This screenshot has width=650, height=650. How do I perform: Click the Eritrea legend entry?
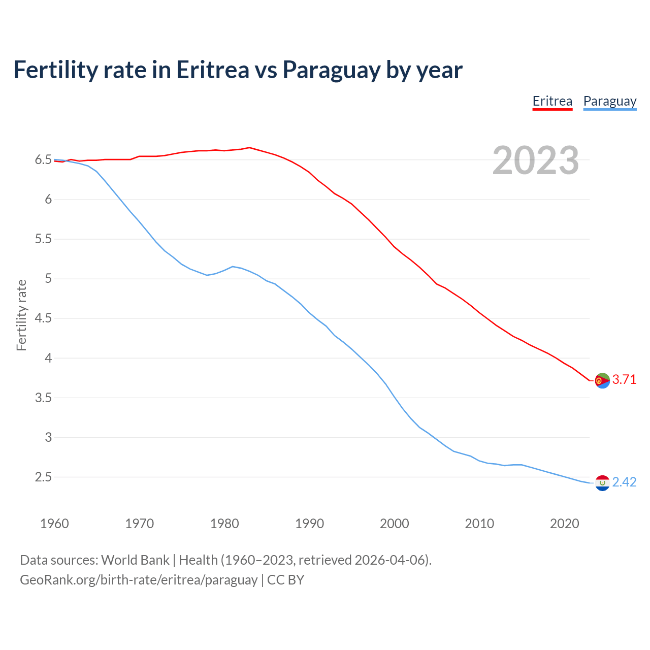(x=552, y=102)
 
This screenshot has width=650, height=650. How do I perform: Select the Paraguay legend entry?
(x=609, y=102)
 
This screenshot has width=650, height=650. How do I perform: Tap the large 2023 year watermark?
(x=536, y=160)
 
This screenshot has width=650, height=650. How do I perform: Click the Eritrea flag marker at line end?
(x=602, y=380)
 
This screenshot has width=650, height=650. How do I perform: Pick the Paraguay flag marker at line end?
(x=602, y=483)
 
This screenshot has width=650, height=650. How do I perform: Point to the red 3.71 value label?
(x=624, y=380)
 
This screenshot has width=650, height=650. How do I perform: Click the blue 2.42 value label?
(x=624, y=482)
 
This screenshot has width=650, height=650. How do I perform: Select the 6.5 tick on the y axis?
(x=43, y=160)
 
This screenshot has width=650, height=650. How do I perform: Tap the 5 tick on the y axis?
(x=48, y=279)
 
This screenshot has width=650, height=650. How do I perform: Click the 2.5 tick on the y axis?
(x=43, y=477)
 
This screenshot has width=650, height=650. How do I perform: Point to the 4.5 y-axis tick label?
(x=43, y=318)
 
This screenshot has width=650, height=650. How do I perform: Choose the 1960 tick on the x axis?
(x=54, y=524)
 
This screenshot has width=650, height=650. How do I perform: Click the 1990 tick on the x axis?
(x=309, y=524)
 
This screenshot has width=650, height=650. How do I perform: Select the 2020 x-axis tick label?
(x=564, y=524)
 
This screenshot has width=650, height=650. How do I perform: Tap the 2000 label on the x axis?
(x=394, y=524)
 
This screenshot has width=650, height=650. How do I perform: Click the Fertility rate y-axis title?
(x=21, y=315)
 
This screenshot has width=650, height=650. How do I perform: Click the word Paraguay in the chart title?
(x=331, y=70)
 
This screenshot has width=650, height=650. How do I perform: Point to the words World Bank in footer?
(x=135, y=560)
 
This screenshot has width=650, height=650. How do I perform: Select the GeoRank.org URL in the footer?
(x=139, y=580)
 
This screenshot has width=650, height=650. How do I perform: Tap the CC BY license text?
(x=285, y=580)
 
